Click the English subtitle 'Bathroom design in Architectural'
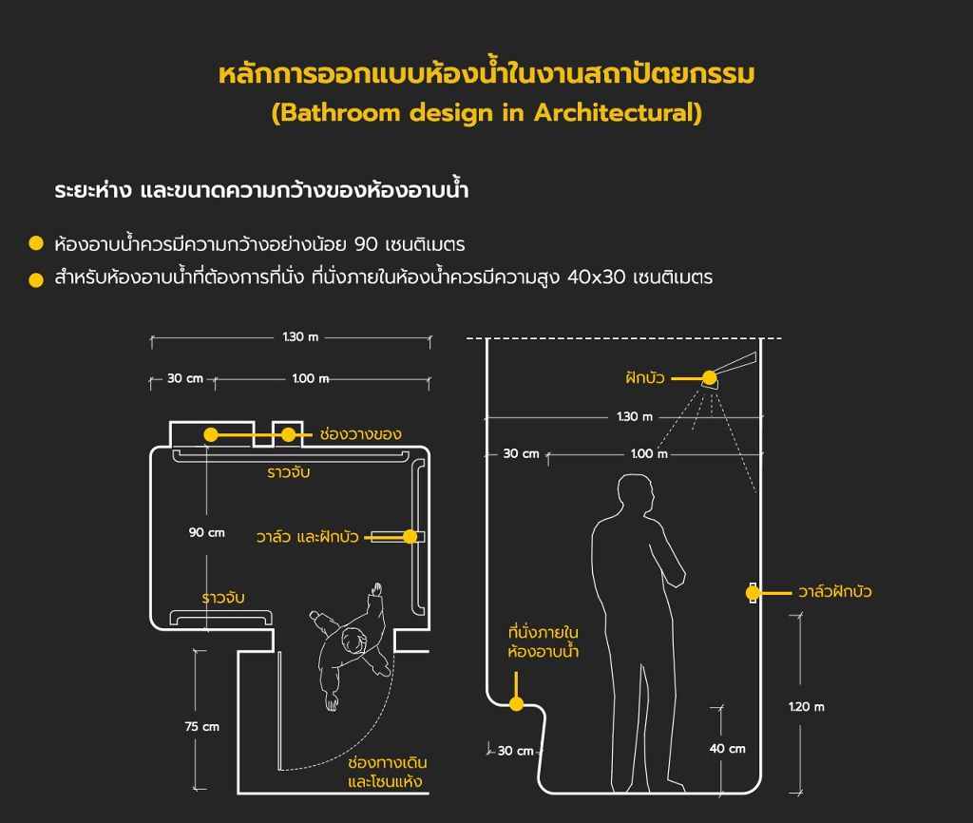click(486, 113)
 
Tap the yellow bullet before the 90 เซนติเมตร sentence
click(36, 243)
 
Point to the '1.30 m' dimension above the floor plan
click(300, 337)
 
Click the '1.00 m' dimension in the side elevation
click(649, 453)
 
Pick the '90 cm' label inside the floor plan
click(206, 532)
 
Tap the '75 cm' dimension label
click(201, 726)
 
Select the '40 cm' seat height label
click(727, 749)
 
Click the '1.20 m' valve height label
click(806, 706)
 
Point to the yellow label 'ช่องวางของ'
click(360, 434)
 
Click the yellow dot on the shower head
click(709, 377)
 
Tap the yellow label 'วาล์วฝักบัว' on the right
click(834, 591)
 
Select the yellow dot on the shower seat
click(516, 704)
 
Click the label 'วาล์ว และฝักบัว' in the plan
click(307, 536)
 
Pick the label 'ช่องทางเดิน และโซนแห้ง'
click(387, 772)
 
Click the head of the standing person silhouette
click(636, 493)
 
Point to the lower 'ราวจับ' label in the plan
click(222, 598)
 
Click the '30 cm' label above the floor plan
click(185, 378)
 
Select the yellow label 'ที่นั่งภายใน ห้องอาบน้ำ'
click(543, 641)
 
